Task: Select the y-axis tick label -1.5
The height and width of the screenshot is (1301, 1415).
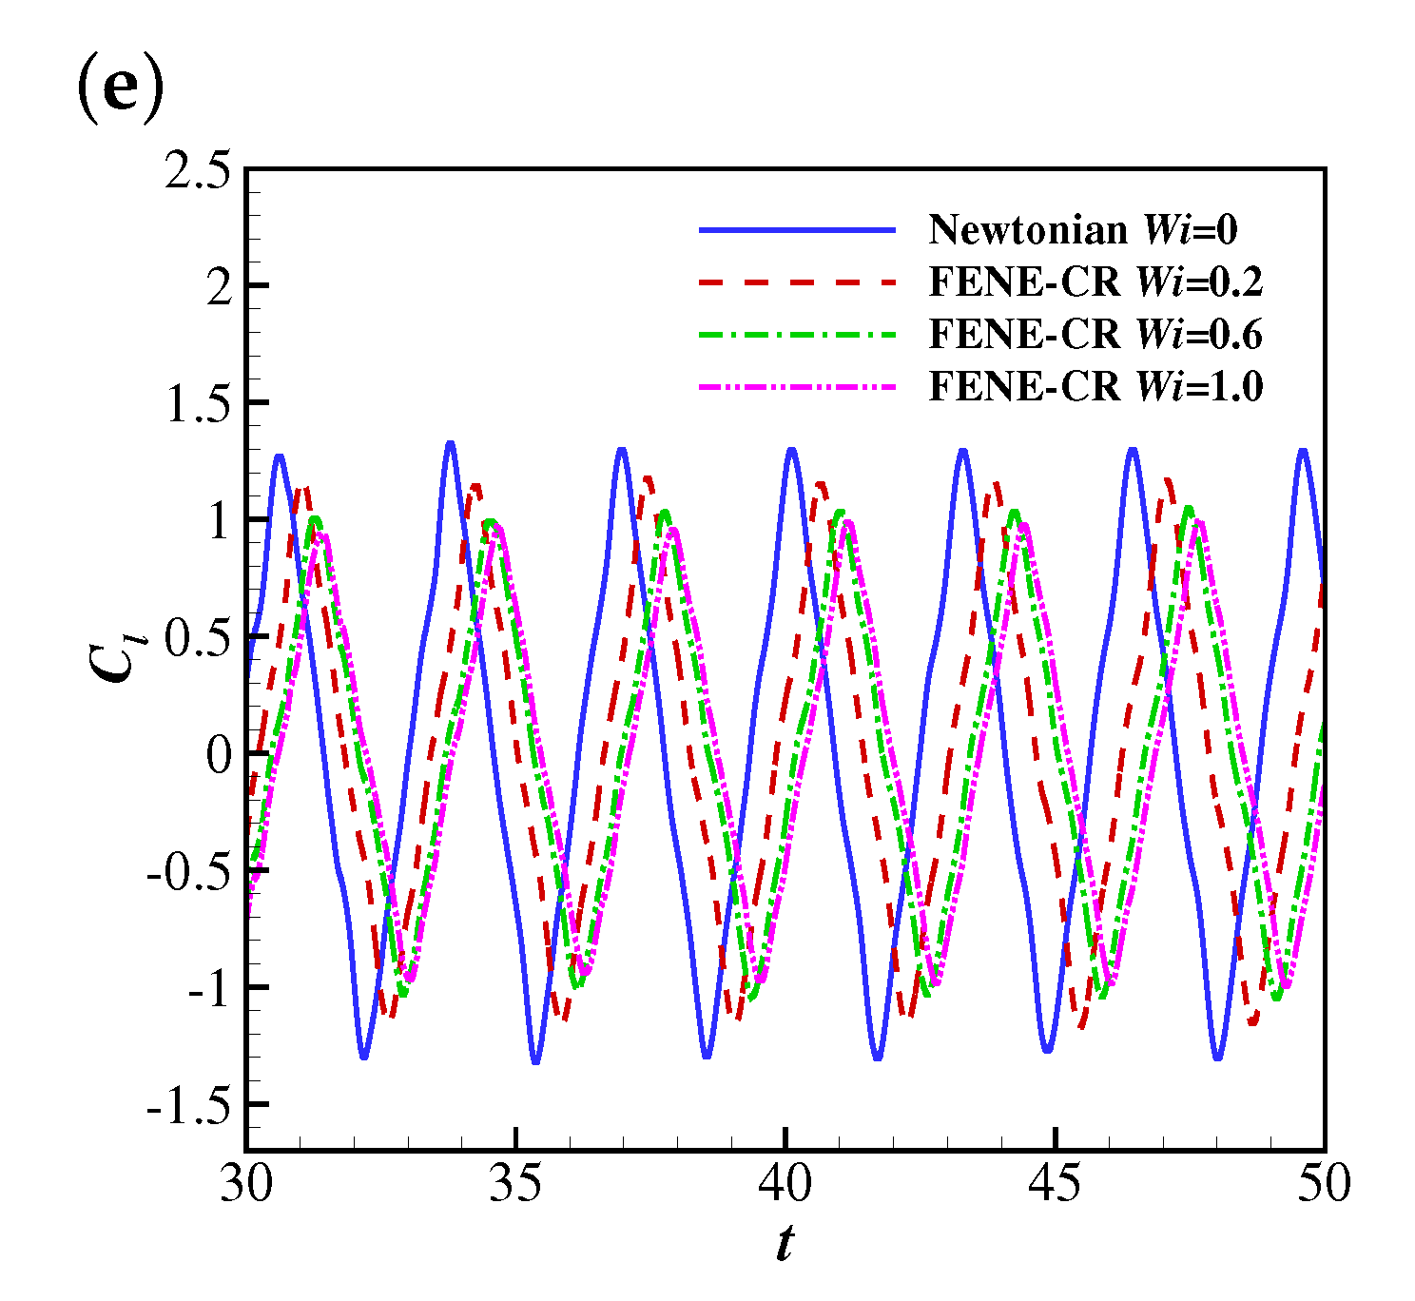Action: (x=189, y=1106)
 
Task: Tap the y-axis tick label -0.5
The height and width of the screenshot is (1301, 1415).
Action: (x=189, y=872)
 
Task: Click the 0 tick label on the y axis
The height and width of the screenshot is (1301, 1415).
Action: (x=220, y=755)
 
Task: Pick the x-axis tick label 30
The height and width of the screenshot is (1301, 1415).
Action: (x=246, y=1184)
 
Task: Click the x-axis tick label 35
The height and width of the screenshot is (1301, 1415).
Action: (x=515, y=1184)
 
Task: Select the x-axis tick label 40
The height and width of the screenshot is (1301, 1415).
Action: (x=785, y=1184)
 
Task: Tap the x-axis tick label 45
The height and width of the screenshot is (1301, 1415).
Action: (x=1055, y=1184)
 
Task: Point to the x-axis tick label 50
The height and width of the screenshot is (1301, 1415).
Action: (x=1324, y=1184)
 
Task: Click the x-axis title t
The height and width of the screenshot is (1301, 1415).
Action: (x=785, y=1243)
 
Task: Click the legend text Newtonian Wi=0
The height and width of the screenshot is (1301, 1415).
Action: (x=1083, y=229)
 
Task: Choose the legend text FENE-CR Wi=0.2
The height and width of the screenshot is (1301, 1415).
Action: (x=1095, y=282)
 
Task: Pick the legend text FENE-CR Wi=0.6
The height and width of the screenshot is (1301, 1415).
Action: (x=1095, y=334)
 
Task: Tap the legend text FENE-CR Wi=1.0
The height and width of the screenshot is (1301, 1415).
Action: (x=1095, y=386)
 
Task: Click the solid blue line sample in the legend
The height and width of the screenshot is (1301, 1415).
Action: (x=797, y=230)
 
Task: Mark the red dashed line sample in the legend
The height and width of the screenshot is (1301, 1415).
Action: (x=797, y=282)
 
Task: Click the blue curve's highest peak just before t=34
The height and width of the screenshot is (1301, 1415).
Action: (x=450, y=443)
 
